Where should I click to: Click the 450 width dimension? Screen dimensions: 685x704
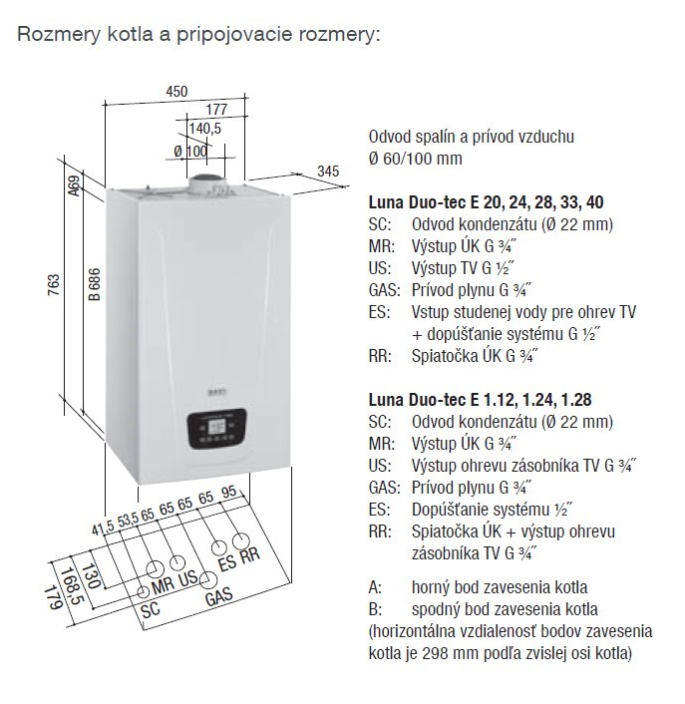[176, 92]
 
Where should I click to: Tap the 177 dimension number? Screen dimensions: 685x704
[216, 109]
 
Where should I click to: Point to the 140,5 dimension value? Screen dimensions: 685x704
[204, 129]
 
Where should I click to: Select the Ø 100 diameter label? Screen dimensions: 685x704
[190, 152]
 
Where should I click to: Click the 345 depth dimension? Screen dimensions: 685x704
[328, 172]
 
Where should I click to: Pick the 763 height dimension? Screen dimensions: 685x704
[54, 285]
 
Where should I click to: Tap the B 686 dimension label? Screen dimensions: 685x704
[95, 284]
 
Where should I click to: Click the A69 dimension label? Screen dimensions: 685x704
[75, 185]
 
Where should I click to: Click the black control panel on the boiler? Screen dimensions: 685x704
[217, 429]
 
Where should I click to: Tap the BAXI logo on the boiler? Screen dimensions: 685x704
[217, 392]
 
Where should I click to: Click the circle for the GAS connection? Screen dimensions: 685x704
[208, 580]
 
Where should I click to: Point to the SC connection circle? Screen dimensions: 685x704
[144, 591]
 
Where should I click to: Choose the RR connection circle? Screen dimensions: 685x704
[241, 541]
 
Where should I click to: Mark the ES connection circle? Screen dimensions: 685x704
[219, 548]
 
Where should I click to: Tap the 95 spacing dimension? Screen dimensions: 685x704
[229, 492]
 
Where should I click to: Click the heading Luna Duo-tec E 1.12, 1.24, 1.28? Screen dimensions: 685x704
[480, 400]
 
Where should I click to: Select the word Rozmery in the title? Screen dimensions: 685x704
[59, 34]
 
